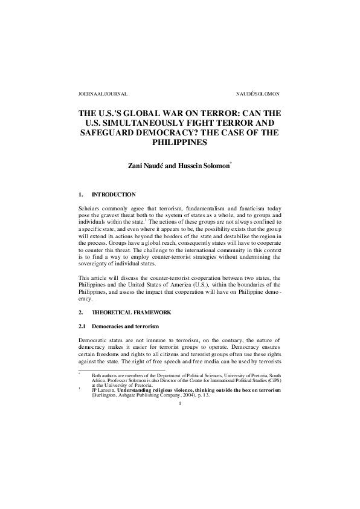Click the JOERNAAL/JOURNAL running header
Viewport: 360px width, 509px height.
pyautogui.click(x=103, y=95)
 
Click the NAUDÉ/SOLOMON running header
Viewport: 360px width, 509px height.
pyautogui.click(x=258, y=95)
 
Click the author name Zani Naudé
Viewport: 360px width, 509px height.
pyautogui.click(x=149, y=167)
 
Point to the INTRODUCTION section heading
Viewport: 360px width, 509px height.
pyautogui.click(x=114, y=194)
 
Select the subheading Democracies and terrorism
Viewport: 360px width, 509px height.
pyautogui.click(x=126, y=327)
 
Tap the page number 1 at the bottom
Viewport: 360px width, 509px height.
pyautogui.click(x=180, y=404)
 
